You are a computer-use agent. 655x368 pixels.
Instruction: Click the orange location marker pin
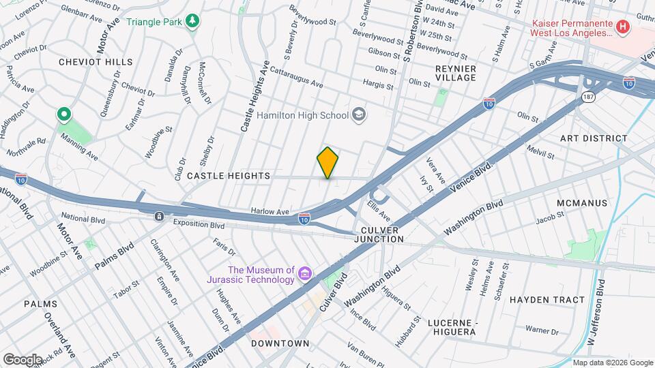(x=327, y=162)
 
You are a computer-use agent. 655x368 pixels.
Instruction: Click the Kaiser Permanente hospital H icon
(x=622, y=27)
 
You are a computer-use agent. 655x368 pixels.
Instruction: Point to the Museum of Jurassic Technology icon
(x=304, y=275)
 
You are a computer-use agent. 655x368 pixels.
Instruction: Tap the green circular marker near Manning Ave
(x=65, y=114)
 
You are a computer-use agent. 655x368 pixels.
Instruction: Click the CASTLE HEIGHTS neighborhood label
(x=229, y=176)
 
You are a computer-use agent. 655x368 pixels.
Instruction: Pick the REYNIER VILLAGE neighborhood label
(x=456, y=73)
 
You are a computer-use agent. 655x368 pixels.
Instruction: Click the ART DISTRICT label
(x=594, y=138)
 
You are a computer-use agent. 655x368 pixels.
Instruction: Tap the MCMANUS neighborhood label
(x=581, y=204)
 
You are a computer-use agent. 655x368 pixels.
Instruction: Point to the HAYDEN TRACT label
(x=547, y=300)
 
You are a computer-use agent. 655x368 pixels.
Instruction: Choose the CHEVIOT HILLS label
(x=96, y=62)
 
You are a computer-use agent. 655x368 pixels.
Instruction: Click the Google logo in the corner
(x=23, y=359)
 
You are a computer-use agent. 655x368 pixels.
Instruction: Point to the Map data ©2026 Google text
(x=612, y=363)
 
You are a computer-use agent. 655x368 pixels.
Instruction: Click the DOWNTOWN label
(x=280, y=343)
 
